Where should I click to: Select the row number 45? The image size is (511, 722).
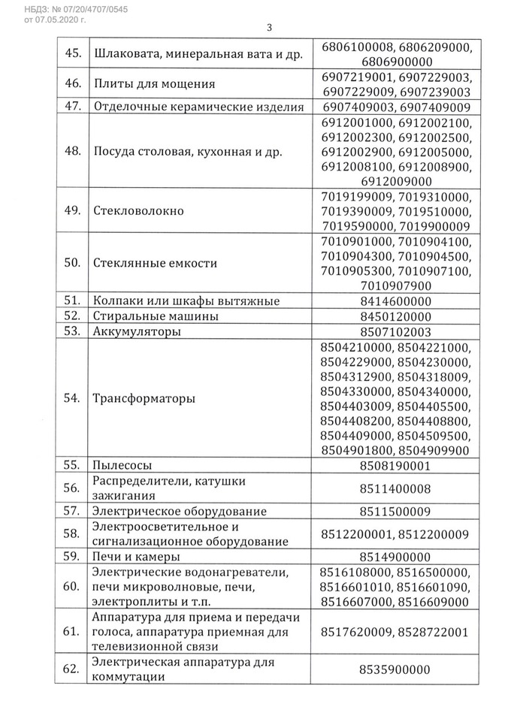coord(72,54)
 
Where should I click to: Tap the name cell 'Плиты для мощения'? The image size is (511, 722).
coord(154,84)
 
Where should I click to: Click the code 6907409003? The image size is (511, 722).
coord(356,107)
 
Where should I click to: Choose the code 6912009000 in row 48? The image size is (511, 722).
coord(396,181)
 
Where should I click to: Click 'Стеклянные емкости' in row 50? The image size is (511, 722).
coord(155,263)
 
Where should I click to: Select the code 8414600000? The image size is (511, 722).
coord(395,301)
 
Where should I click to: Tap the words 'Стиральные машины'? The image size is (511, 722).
coord(155,316)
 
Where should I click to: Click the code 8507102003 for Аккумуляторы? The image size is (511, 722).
coord(395,331)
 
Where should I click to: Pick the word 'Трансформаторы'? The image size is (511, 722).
coord(144,398)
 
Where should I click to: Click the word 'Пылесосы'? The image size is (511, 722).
coord(119,466)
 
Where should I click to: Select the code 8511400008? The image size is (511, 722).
coord(395,488)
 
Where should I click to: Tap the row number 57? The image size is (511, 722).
coord(72,512)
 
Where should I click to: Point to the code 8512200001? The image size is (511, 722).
coord(356,534)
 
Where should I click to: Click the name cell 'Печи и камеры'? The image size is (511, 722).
coord(135,557)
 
